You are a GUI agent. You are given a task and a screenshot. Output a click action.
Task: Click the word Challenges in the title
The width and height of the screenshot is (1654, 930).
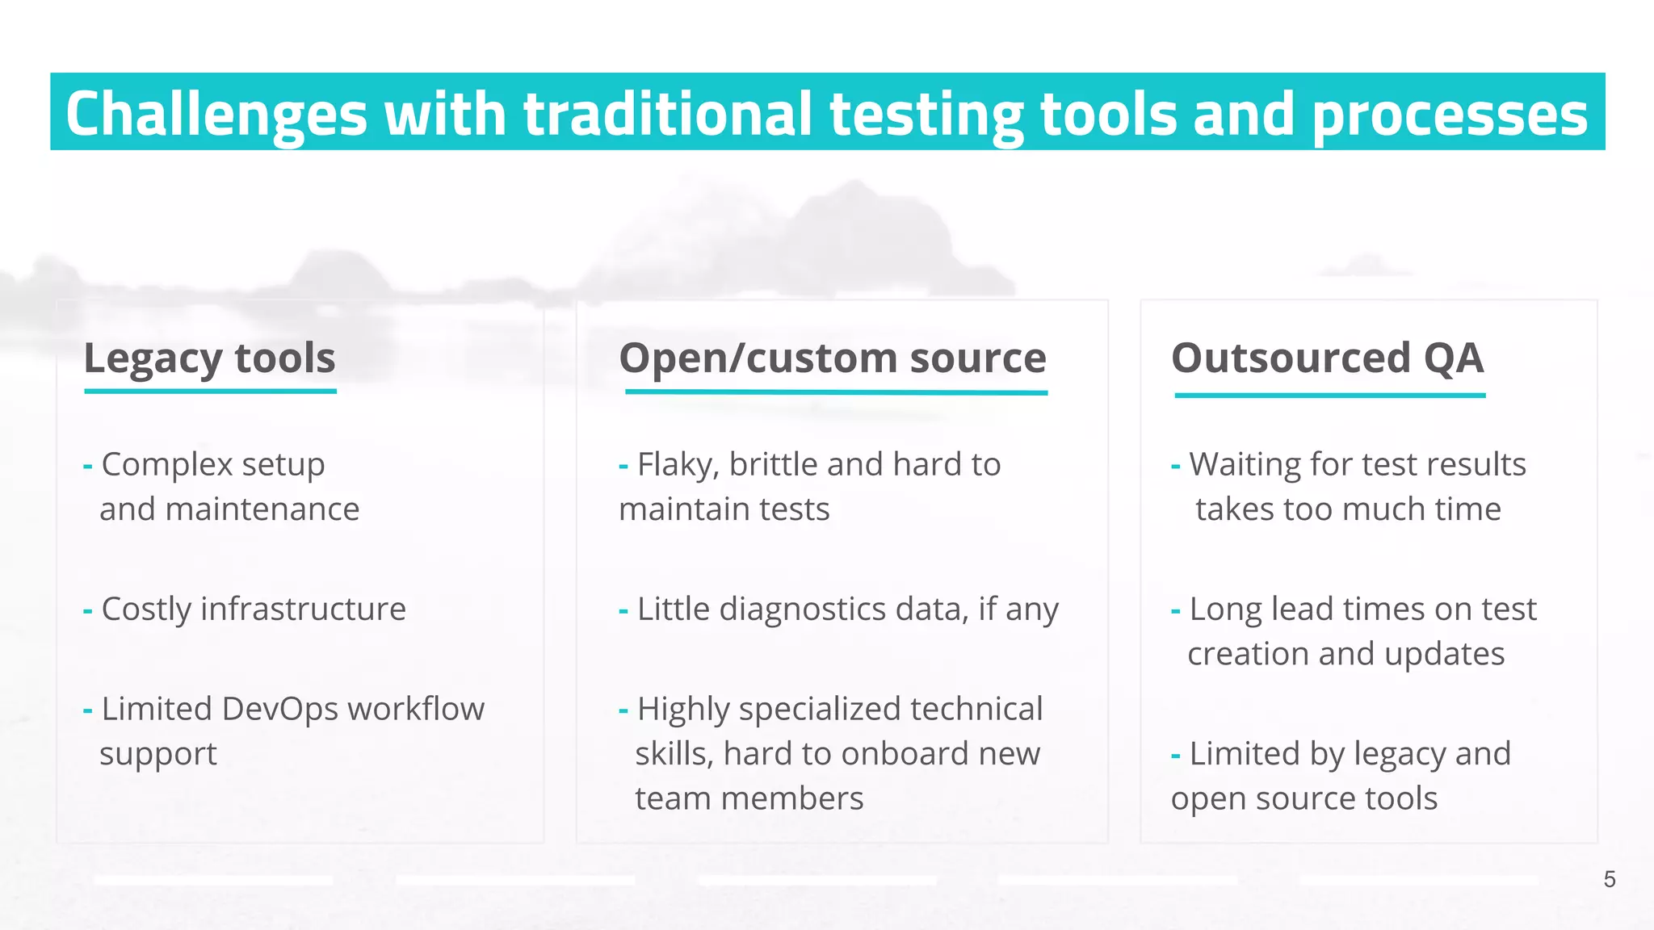point(216,114)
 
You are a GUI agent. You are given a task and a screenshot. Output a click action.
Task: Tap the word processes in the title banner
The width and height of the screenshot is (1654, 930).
point(1450,114)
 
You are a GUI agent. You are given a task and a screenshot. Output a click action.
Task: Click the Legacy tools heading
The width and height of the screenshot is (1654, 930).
point(209,358)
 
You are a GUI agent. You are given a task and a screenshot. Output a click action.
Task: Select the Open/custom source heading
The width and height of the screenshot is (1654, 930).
point(833,358)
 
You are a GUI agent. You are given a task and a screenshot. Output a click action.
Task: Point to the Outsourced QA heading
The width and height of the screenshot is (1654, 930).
point(1328,358)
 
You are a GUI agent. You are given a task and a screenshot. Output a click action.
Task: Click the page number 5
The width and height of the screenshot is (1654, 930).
point(1609,879)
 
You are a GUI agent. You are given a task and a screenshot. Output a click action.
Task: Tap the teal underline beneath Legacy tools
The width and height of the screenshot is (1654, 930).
point(210,392)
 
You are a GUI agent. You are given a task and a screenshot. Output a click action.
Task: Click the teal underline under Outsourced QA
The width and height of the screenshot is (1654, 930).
point(1330,396)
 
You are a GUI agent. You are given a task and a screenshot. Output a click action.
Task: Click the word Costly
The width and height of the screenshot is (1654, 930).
point(146,609)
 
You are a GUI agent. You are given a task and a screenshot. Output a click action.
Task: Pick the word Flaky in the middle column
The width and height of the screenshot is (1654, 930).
point(677,465)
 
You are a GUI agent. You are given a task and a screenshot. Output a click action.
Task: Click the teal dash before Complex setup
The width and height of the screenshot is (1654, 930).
point(88,467)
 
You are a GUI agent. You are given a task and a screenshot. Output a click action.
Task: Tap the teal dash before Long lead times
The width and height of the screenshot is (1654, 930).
point(1176,611)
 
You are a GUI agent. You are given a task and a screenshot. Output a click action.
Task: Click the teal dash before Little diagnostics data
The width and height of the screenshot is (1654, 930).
point(623,611)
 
